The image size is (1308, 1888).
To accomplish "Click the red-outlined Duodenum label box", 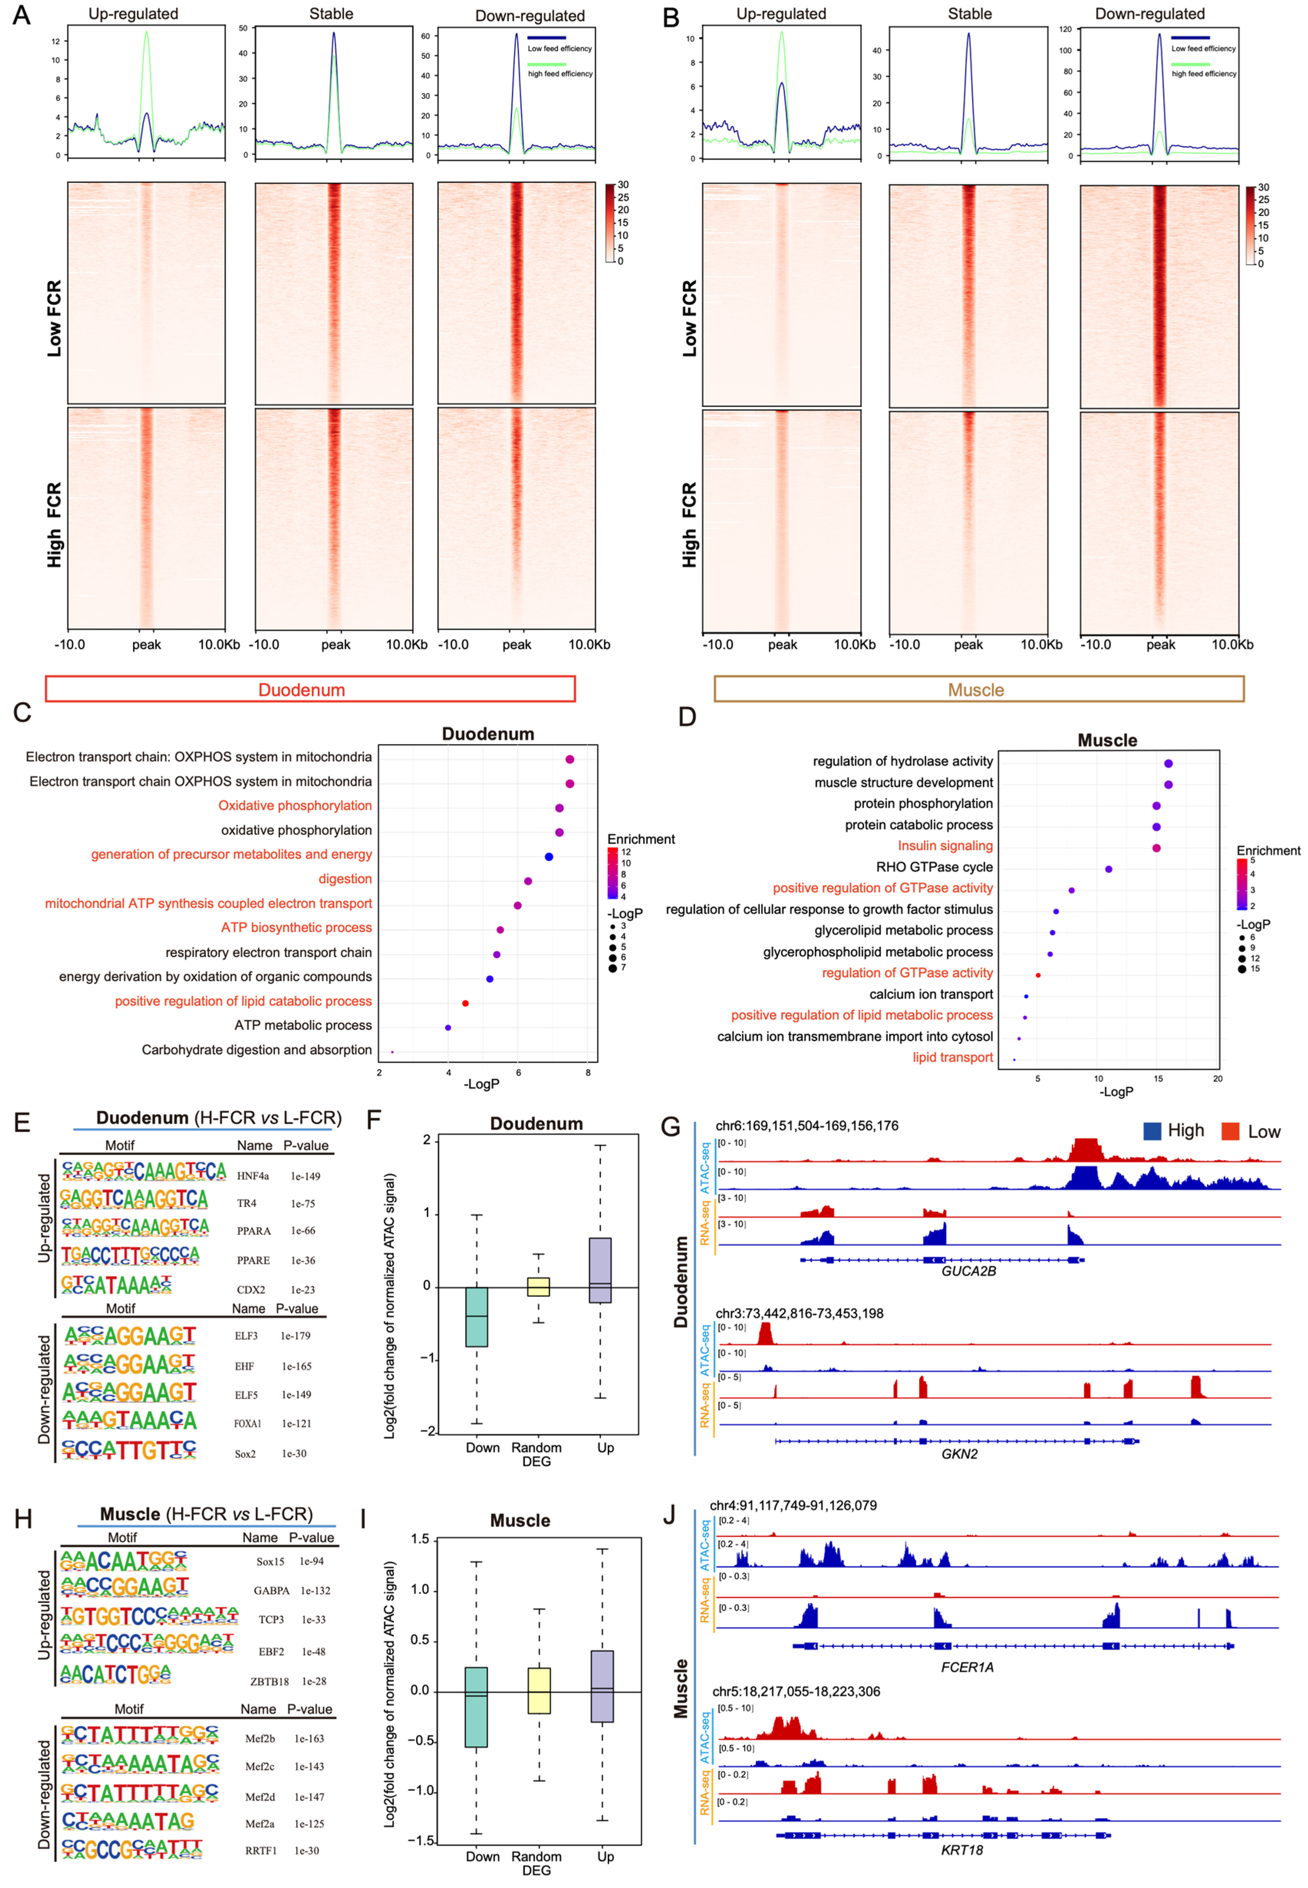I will pos(310,689).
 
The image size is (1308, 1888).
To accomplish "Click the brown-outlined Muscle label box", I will pos(979,689).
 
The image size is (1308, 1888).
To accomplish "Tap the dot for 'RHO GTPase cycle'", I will pos(1109,869).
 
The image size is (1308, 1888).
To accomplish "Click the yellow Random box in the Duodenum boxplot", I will pos(538,1286).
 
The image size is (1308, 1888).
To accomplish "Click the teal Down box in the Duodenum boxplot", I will pos(477,1316).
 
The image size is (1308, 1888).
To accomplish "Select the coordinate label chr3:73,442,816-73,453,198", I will pos(799,1313).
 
